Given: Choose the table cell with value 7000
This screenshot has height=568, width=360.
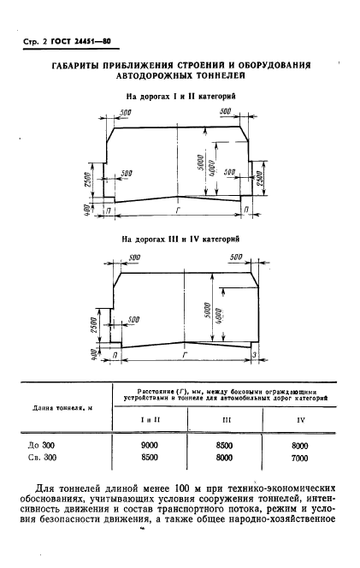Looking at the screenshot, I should coord(299,459).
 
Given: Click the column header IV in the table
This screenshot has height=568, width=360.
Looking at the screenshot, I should coord(299,420).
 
